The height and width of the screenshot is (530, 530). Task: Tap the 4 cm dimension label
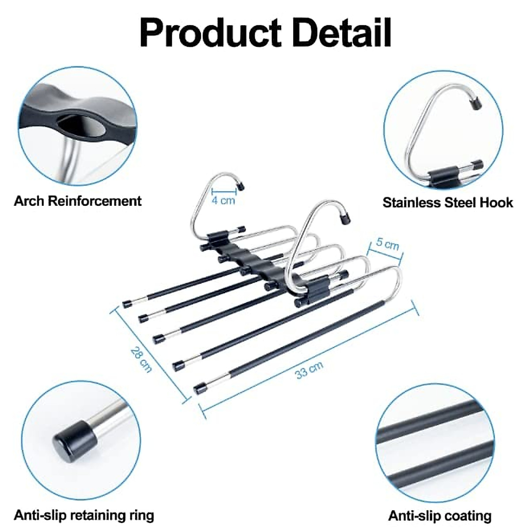coord(223,200)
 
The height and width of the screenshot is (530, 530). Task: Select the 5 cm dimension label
coord(387,244)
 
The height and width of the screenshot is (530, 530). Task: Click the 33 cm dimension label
coord(309,369)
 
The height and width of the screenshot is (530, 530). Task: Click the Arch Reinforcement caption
coord(78,201)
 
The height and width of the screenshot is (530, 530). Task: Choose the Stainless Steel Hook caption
coord(447,203)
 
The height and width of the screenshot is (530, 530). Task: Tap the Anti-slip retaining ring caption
coord(84,515)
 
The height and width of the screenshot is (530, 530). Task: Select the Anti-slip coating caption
coord(440,516)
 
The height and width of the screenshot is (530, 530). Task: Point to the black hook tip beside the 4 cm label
coord(241,185)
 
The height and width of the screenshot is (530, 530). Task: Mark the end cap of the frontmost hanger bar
coord(200,389)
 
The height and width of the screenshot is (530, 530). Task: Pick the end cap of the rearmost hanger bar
coord(127,304)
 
